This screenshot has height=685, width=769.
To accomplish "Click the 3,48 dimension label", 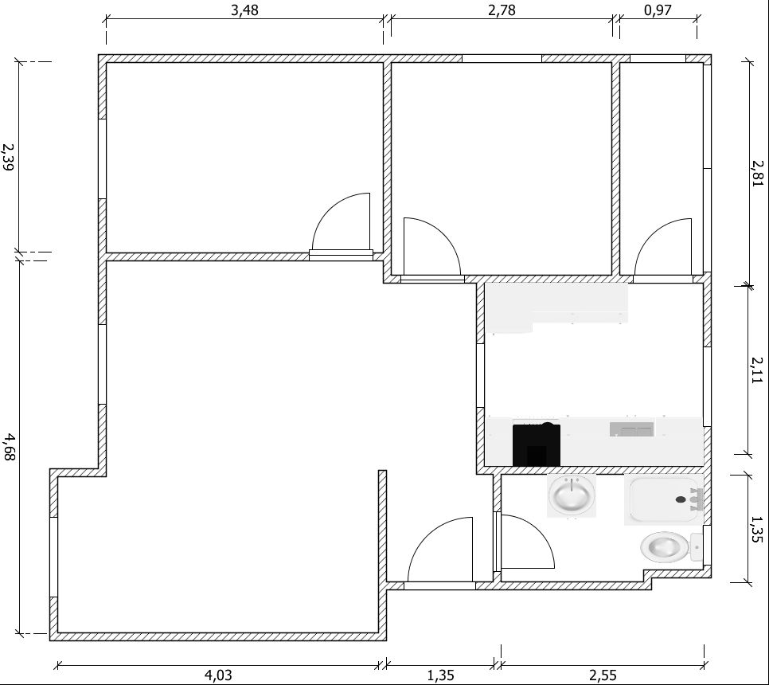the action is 244,10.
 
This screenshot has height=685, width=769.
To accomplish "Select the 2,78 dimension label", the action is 502,10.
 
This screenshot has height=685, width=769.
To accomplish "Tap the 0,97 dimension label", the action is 658,10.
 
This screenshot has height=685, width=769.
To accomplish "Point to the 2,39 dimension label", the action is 9,157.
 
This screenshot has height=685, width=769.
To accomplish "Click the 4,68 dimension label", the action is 9,447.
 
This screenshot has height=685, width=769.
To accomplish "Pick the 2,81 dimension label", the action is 758,173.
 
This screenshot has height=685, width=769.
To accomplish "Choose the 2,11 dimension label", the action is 758,370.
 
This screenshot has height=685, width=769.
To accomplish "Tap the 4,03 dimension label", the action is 218,675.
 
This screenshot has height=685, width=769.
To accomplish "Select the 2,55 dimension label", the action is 603,675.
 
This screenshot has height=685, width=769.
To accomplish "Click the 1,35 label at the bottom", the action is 440,675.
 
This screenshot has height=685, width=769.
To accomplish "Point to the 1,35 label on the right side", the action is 758,529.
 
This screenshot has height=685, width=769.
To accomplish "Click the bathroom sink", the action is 572,495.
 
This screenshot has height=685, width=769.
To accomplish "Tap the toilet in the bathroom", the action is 671,547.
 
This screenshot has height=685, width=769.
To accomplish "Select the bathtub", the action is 664,499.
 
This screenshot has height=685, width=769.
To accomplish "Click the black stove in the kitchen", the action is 537,444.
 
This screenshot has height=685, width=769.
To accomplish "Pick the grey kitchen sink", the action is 632,429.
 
